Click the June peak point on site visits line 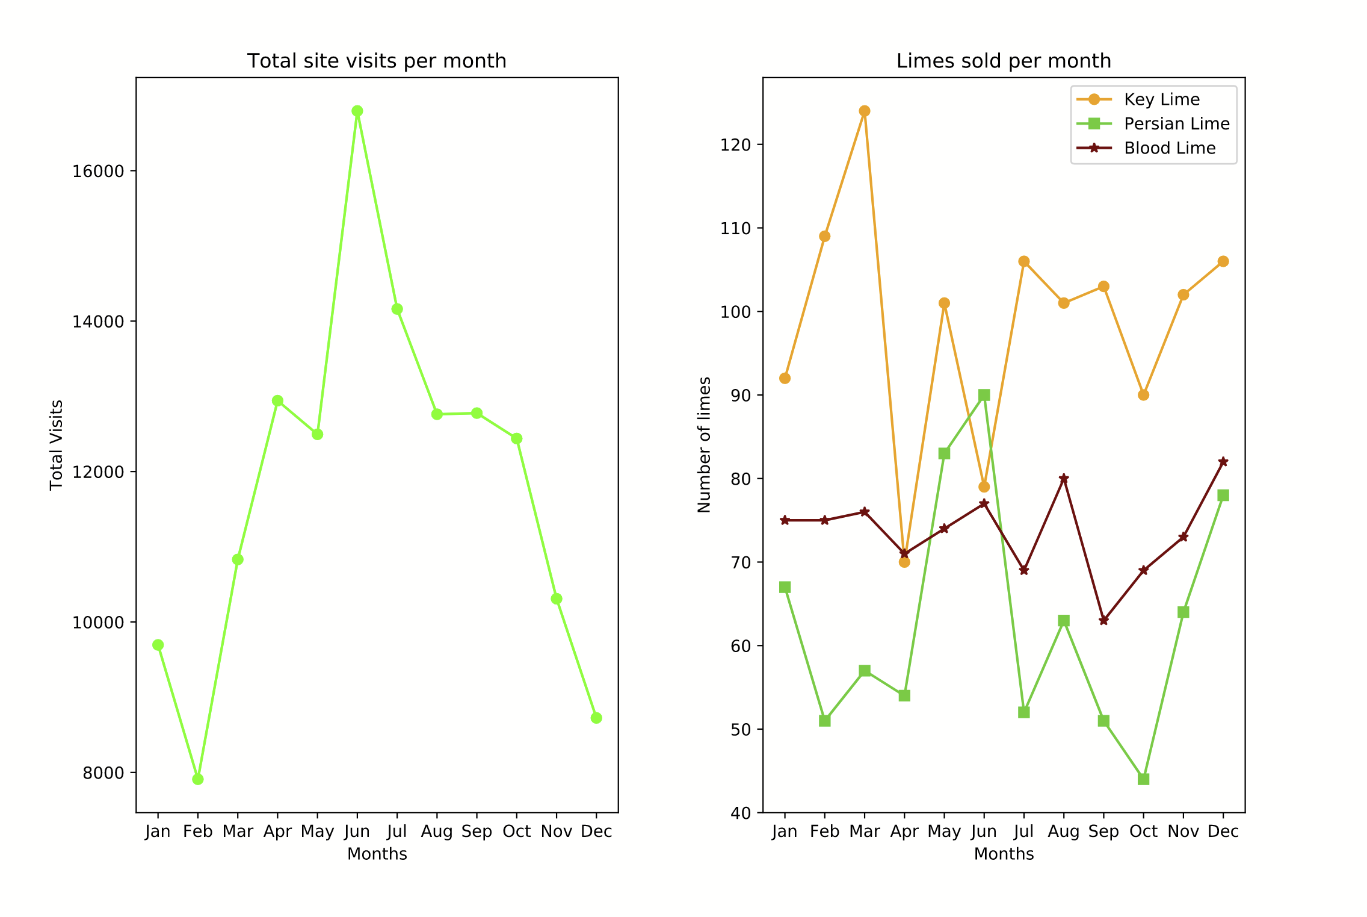[357, 111]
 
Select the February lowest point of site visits [198, 779]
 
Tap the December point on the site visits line [596, 718]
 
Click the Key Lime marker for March [865, 111]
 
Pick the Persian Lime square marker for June [984, 395]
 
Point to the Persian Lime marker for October [1144, 779]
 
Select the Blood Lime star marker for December [1223, 462]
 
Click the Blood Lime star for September [1103, 621]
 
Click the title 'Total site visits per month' [377, 61]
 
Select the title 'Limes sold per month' [1004, 61]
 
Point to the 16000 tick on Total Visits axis [98, 171]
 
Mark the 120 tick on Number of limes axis [735, 145]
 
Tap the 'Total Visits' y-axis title [57, 445]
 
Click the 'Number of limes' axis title [705, 445]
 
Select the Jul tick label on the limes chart [1023, 832]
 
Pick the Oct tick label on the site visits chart [517, 832]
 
